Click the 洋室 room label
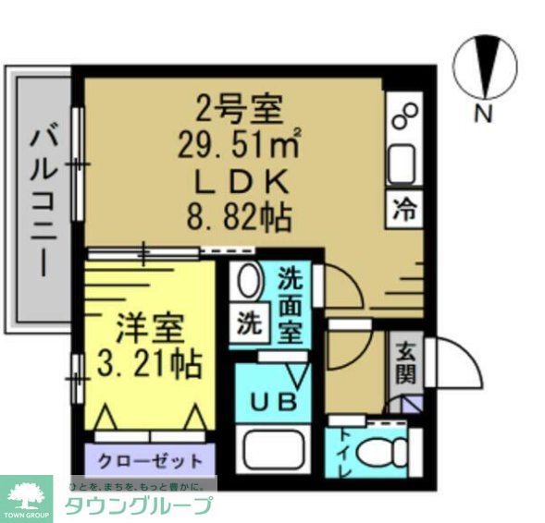[149, 328]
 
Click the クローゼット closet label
[150, 459]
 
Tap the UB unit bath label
[275, 401]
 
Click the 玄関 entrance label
[405, 362]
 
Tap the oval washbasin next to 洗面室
[247, 280]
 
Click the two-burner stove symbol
[404, 116]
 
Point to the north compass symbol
[484, 66]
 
